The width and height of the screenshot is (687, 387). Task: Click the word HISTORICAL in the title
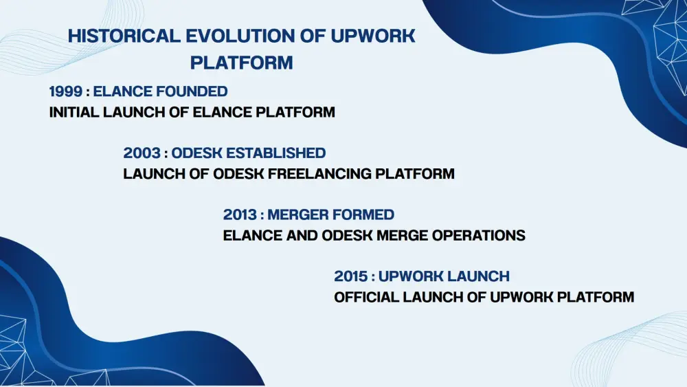coord(124,36)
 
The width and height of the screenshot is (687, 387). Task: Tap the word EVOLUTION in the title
coord(240,36)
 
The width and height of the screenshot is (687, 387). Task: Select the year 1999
coord(66,91)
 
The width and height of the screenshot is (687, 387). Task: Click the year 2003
coord(142,153)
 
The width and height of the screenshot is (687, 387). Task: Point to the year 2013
coord(240,214)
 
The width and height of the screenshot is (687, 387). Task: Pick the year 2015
coord(351,276)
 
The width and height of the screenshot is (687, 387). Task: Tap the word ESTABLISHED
coord(276,153)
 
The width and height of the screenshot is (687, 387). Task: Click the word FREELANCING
coord(320,174)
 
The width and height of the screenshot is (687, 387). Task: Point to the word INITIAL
coord(74,112)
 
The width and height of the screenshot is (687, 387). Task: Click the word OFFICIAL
coord(366,297)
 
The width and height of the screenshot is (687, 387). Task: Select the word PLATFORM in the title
coord(241,63)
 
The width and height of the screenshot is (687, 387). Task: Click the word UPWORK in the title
coord(373,36)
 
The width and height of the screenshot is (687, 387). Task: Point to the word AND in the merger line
coord(302,235)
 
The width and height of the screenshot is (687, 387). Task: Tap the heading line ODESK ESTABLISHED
coord(249,153)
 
